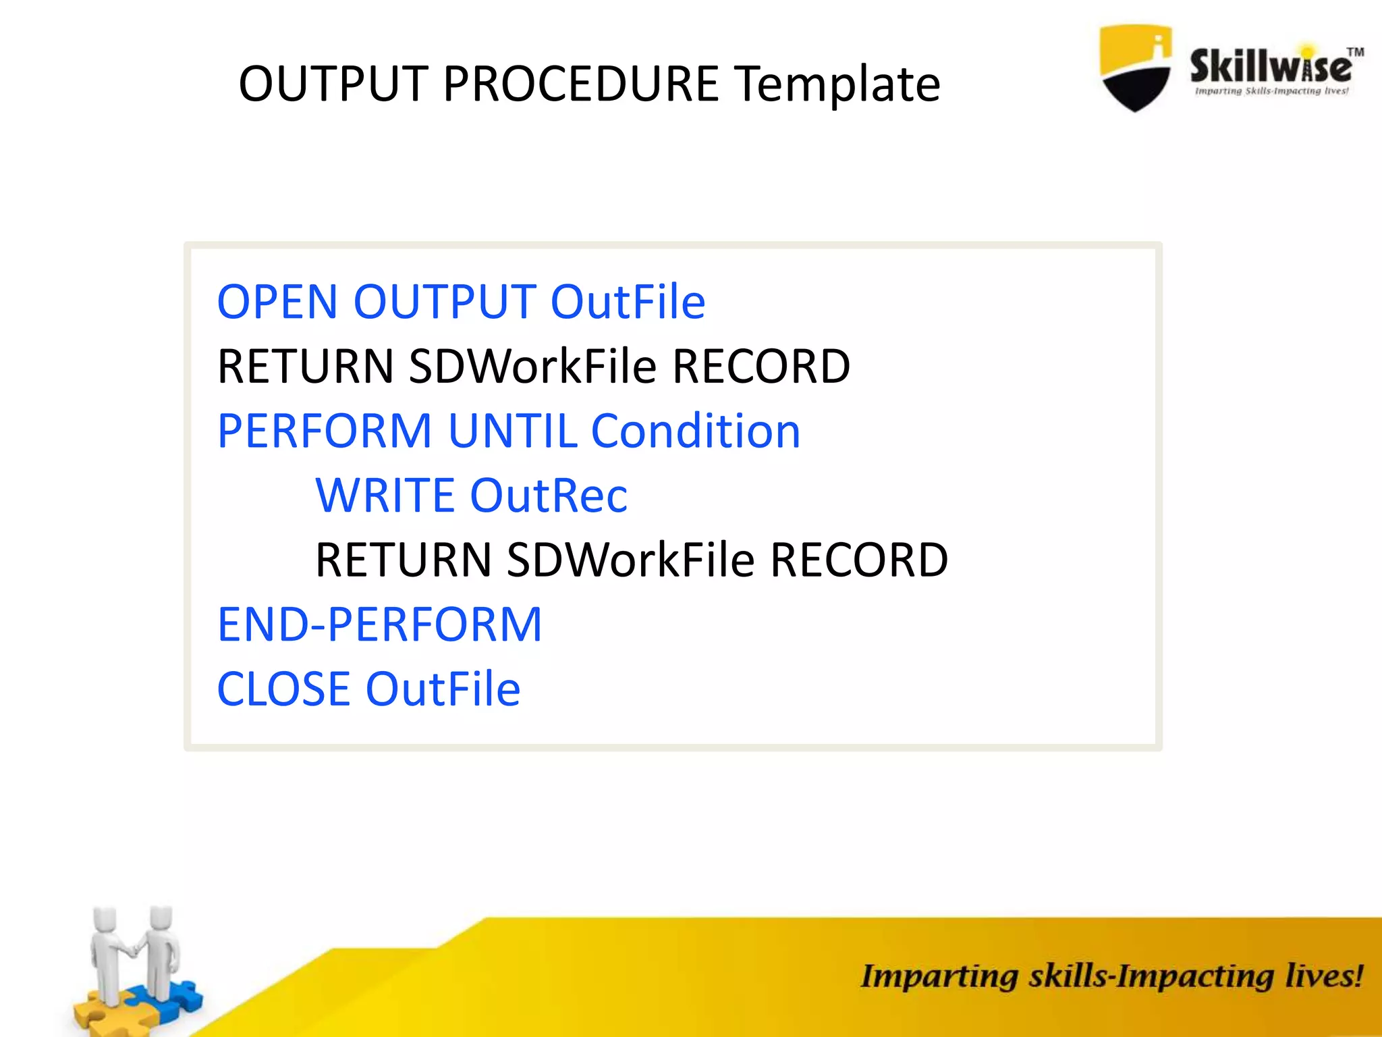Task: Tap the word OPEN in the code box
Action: [277, 302]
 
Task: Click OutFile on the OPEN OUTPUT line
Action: [628, 302]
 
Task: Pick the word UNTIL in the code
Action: [512, 431]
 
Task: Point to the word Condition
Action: [696, 431]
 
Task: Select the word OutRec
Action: [549, 496]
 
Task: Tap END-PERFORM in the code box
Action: [379, 624]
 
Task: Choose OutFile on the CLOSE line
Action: [443, 689]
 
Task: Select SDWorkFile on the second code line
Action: [532, 367]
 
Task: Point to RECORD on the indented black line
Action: [859, 560]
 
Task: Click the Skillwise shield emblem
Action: [1136, 68]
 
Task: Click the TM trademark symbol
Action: [1355, 53]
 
